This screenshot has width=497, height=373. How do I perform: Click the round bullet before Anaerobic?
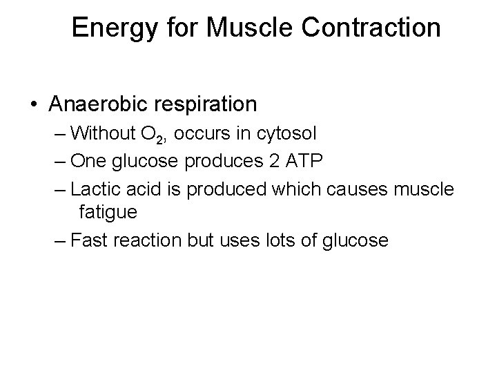pyautogui.click(x=35, y=105)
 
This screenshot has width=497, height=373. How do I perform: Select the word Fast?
pyautogui.click(x=87, y=240)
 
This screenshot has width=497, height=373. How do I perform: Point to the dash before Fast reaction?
pyautogui.click(x=60, y=241)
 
